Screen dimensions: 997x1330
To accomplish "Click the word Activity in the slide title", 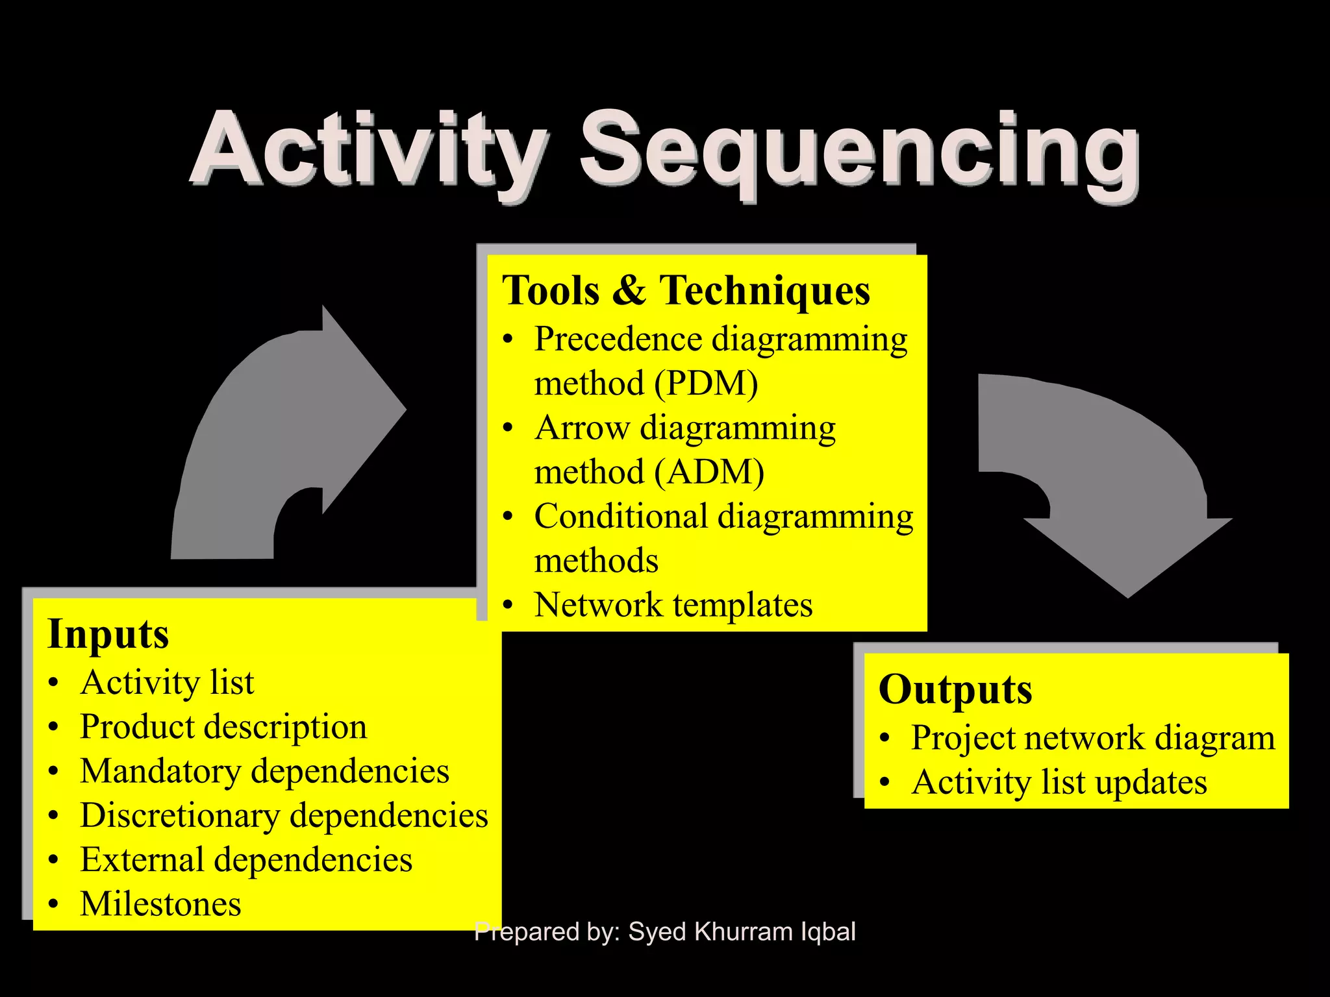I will pos(367,151).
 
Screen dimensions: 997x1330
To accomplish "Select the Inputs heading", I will pos(108,634).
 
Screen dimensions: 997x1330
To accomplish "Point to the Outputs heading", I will pos(955,689).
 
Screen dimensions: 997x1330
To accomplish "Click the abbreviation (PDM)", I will pos(706,383).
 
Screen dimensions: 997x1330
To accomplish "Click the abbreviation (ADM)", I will pos(709,472).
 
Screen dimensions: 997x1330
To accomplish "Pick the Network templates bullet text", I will pos(673,605).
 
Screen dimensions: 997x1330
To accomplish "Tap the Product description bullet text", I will pos(223,726).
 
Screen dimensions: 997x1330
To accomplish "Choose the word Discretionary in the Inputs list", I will pos(179,815).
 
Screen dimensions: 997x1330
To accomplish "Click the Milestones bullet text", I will pos(160,904).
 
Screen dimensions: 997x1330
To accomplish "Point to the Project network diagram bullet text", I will pos(1092,738).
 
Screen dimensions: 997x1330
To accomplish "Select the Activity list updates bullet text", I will pos(1059,782).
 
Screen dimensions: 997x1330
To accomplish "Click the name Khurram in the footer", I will pos(742,932).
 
